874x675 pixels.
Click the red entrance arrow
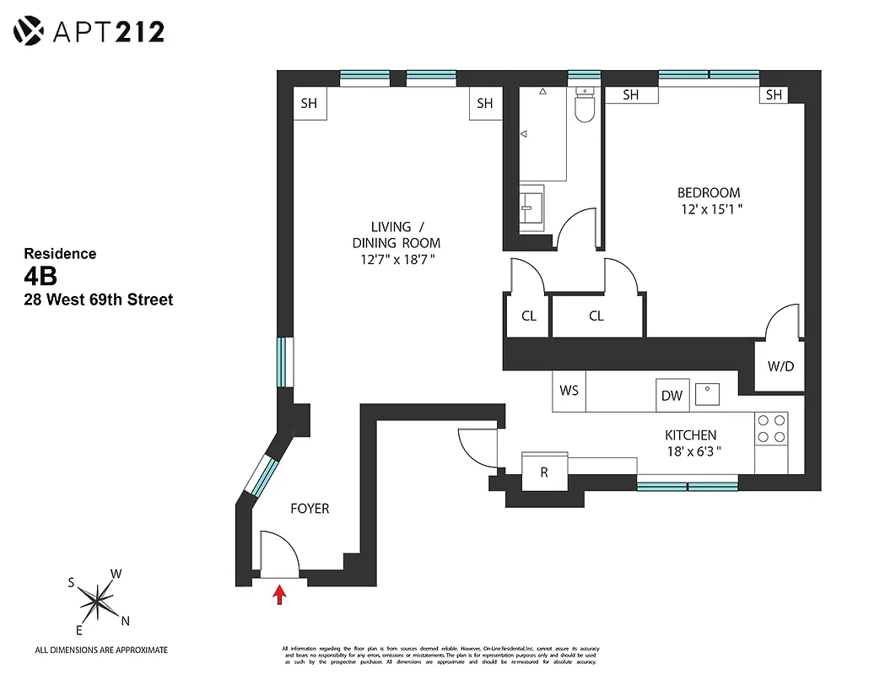[279, 597]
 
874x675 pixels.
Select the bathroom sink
[531, 206]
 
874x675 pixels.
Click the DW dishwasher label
[672, 396]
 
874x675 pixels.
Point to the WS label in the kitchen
[569, 391]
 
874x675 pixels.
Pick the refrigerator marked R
[544, 472]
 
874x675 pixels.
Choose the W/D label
[780, 367]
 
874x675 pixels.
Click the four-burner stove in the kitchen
[770, 428]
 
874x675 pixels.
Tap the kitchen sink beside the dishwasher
[707, 394]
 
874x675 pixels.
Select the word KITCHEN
[690, 435]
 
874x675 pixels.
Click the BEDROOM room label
[709, 192]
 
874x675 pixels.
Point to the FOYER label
[310, 509]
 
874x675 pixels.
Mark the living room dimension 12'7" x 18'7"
[396, 260]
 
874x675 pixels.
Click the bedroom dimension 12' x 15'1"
[710, 208]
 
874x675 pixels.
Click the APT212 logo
[89, 32]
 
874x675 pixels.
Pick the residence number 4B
[40, 277]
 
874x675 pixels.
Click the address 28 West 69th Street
[99, 300]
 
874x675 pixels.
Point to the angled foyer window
[261, 477]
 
